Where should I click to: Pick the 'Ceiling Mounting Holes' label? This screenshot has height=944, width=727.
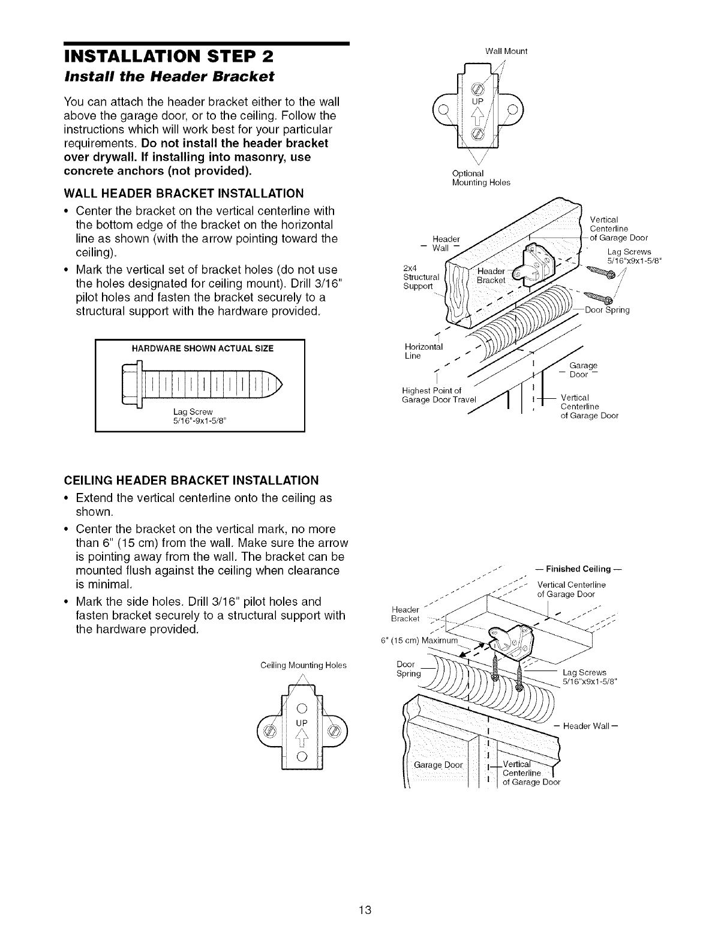click(x=304, y=665)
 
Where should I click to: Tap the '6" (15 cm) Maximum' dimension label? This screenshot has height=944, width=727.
click(x=420, y=639)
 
